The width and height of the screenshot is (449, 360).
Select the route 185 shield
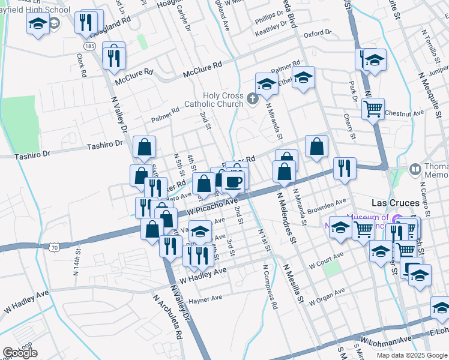(90, 46)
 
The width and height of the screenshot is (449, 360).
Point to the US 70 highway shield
(54, 246)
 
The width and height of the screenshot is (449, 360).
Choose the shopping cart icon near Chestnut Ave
(373, 109)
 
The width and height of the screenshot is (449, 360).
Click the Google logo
(20, 353)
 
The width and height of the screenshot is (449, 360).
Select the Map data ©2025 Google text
(412, 355)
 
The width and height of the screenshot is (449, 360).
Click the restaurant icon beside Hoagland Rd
(85, 23)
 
